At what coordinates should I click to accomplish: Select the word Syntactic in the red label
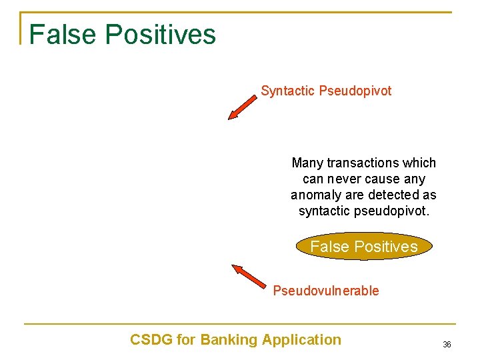(288, 91)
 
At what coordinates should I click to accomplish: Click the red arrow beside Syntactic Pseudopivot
(242, 107)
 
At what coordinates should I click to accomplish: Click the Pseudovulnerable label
(325, 291)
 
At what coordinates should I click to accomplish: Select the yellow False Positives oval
(364, 247)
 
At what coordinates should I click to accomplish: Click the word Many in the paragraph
(307, 163)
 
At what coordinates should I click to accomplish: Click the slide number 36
(447, 345)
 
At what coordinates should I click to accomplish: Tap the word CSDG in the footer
(151, 340)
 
